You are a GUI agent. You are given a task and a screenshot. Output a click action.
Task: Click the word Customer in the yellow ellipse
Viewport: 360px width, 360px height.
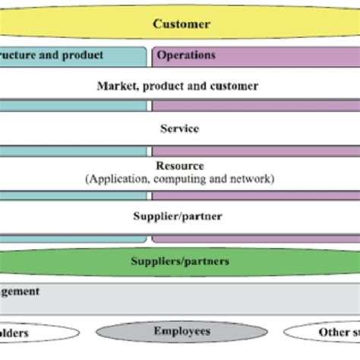click(182, 24)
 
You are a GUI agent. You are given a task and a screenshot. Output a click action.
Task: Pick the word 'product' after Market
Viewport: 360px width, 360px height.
click(159, 87)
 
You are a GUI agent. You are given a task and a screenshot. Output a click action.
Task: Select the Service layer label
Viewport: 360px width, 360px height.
click(180, 129)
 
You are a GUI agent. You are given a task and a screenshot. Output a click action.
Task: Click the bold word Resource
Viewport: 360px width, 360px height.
click(180, 166)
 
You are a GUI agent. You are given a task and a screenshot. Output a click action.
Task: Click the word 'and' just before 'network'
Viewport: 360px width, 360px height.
click(218, 179)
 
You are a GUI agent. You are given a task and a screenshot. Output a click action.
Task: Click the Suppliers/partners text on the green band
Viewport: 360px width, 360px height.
click(180, 261)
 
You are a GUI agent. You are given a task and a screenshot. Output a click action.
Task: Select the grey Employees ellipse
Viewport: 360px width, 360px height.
click(182, 332)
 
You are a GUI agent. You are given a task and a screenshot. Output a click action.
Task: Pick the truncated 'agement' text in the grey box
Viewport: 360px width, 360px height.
click(21, 291)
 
